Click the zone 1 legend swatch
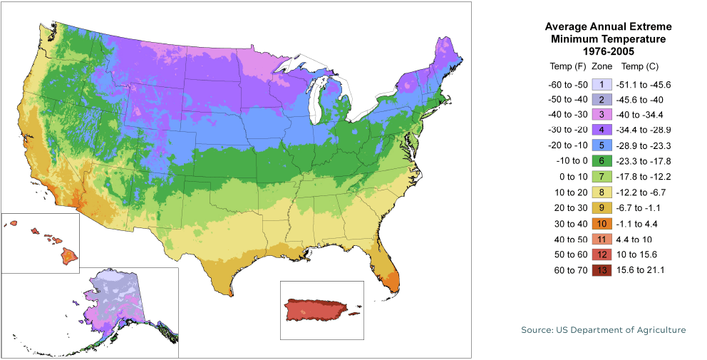[x=602, y=85]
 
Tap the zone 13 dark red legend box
[x=602, y=269]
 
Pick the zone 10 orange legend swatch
[x=602, y=223]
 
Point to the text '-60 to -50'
[x=567, y=85]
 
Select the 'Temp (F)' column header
[x=568, y=66]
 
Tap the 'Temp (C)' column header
[x=640, y=66]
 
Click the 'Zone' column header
[x=602, y=66]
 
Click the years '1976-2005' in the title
[x=608, y=51]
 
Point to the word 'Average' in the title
[x=567, y=26]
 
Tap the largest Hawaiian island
[x=68, y=254]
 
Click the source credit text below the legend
[x=603, y=331]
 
